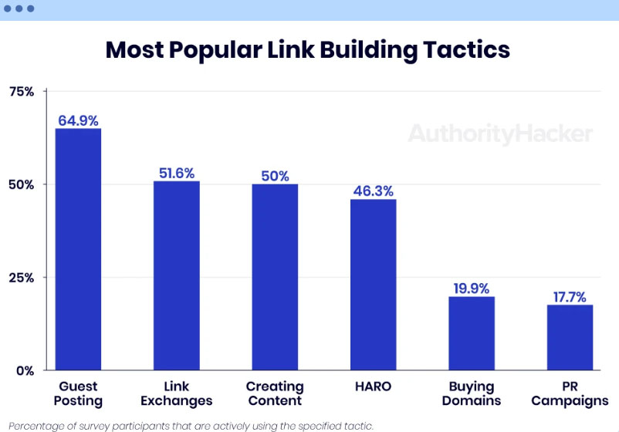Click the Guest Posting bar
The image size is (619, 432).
coord(78,248)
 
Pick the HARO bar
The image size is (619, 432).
coord(374,284)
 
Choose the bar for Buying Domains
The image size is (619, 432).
coord(472,332)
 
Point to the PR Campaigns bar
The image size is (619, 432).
coord(570,337)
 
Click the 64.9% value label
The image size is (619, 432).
coord(78,120)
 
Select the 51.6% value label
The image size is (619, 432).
coord(177,173)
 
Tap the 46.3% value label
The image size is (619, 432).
coord(374,191)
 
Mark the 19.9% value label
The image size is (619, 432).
coord(472,289)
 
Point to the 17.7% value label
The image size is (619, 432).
coord(570,296)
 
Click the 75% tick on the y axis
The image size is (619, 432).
coord(22,92)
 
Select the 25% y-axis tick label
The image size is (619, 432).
coord(22,278)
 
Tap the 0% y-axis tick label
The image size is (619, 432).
coord(25,370)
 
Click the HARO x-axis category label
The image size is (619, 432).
coord(374,386)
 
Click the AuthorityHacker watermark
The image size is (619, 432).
coord(500,134)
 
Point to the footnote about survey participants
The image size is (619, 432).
coord(191,425)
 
